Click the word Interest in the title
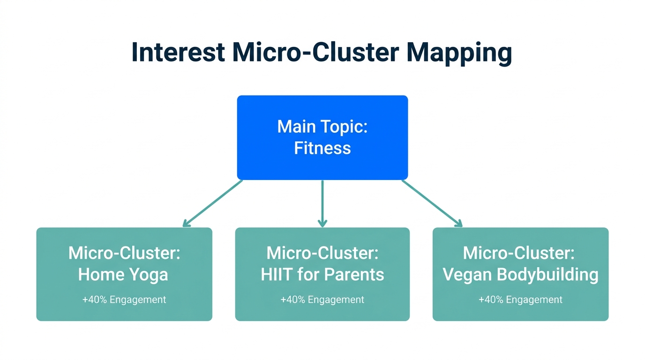tap(178, 52)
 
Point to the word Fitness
tap(322, 148)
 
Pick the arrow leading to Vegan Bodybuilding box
tap(432, 203)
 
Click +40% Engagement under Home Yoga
tap(124, 300)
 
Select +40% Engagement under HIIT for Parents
tap(322, 300)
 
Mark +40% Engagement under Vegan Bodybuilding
tap(520, 300)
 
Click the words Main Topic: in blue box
tap(322, 127)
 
